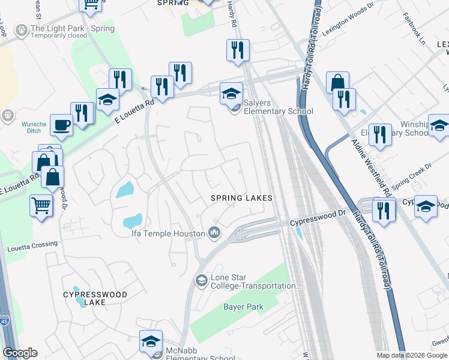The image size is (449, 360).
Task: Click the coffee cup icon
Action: tap(61, 125)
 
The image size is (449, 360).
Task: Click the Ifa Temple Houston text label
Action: tap(169, 233)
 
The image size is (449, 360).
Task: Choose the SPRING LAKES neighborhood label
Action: tap(241, 198)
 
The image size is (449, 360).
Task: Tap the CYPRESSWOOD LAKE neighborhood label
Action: tap(95, 299)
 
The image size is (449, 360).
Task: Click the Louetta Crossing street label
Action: tap(32, 244)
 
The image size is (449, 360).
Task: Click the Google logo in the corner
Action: tap(20, 353)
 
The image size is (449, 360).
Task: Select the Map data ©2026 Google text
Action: tap(412, 355)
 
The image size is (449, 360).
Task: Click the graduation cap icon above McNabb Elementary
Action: tap(151, 341)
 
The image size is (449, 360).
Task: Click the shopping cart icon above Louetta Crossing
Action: tap(41, 205)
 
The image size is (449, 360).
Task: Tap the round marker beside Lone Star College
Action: tap(201, 280)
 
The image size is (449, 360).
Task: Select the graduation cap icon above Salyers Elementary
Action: tap(231, 94)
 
